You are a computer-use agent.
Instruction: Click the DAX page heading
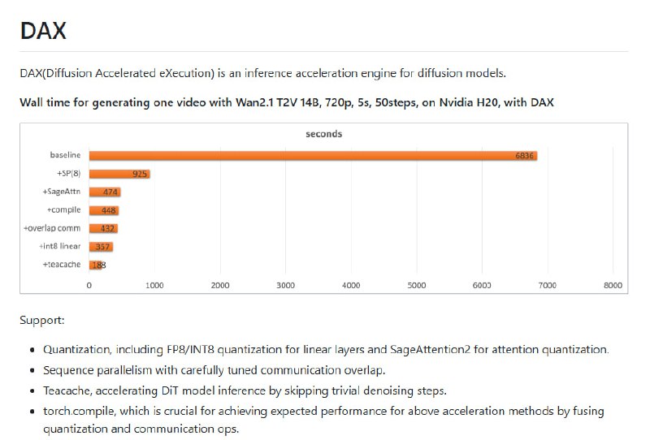tap(43, 31)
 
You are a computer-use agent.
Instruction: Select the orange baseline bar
tap(313, 155)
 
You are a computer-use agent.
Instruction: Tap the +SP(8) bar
tap(119, 174)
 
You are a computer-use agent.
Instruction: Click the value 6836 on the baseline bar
tap(524, 155)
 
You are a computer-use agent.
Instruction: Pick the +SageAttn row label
tap(62, 192)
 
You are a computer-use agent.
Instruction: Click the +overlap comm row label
tap(53, 228)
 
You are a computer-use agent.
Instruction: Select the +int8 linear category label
tap(59, 246)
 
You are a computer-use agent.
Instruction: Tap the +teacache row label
tap(62, 265)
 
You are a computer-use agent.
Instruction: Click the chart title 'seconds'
tap(323, 133)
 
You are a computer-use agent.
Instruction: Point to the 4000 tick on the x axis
tap(351, 285)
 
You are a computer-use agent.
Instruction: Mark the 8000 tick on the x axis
tap(613, 285)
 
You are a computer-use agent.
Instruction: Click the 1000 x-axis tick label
tap(154, 285)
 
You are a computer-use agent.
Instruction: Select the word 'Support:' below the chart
tap(42, 320)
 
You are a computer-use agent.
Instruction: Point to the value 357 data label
tap(103, 246)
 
